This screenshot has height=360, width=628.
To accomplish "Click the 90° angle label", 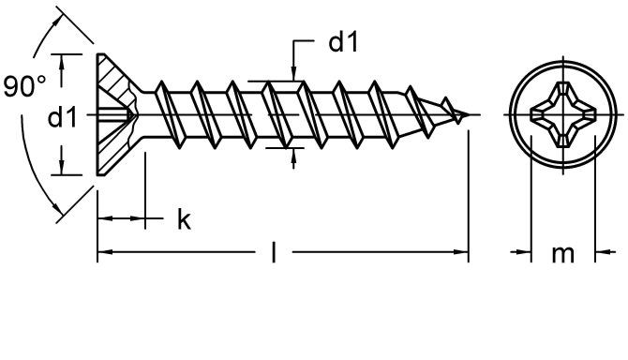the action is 24,86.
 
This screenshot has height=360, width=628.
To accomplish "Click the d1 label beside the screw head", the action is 62,117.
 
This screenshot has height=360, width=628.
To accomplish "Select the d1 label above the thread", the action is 343,42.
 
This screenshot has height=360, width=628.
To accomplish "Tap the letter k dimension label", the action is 185,220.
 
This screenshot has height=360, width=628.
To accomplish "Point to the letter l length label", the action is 274,252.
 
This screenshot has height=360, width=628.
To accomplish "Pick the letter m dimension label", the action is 562,254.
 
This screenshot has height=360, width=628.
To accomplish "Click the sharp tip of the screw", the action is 469,115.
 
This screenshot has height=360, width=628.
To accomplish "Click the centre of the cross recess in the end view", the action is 562,115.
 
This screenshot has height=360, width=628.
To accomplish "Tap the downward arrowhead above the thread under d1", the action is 293,74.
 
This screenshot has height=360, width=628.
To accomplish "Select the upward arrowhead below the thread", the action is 293,156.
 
